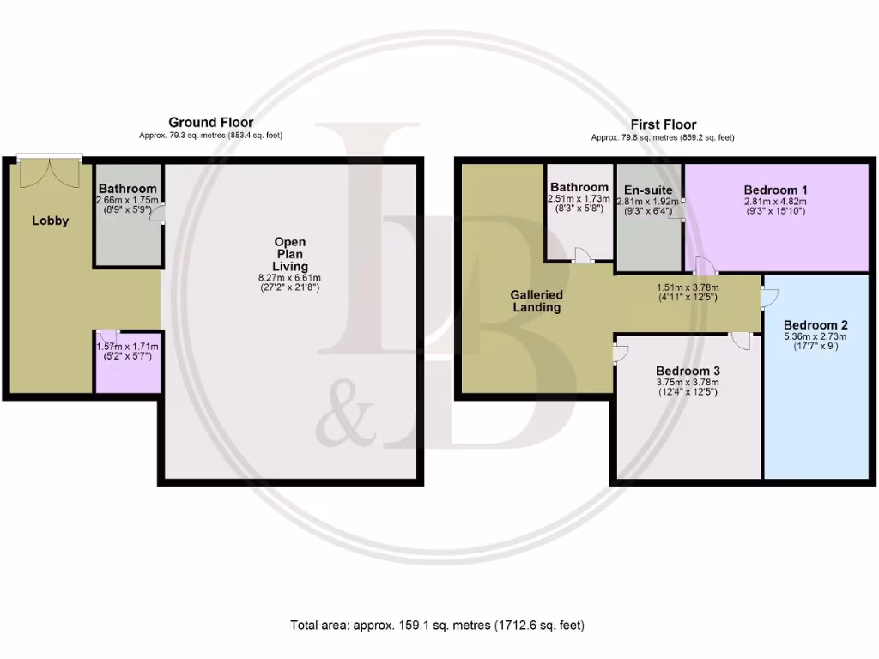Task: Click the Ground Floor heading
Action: point(210,123)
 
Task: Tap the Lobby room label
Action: point(51,221)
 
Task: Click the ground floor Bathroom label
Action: point(127,189)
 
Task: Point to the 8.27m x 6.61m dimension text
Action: point(290,278)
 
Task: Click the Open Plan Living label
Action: point(290,255)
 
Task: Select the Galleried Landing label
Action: point(537,301)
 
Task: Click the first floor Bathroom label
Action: point(579,187)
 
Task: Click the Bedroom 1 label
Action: point(775,190)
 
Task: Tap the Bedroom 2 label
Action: point(815,325)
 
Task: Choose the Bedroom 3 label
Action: point(687,370)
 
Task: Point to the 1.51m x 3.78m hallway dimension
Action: point(687,288)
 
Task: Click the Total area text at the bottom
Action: point(439,625)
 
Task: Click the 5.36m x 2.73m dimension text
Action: point(815,337)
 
